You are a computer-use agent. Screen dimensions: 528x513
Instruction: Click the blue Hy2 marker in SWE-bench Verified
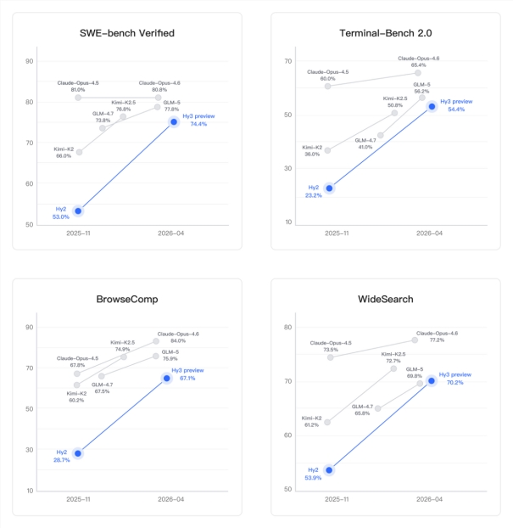78,211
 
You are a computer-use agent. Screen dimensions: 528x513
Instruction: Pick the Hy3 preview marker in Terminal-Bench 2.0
432,106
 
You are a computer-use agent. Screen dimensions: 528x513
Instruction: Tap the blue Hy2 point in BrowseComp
77,453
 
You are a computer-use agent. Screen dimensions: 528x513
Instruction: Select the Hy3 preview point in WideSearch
431,380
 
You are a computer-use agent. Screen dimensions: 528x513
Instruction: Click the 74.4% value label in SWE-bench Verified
198,125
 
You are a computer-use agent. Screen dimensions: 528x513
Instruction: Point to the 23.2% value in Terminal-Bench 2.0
313,194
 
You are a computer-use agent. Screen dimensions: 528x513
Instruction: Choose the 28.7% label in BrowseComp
61,459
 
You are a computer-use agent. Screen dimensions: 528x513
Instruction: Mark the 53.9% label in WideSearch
312,478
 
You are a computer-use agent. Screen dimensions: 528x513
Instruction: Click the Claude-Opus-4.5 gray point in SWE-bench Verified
78,98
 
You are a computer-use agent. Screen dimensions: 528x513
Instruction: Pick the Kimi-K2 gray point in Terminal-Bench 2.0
328,150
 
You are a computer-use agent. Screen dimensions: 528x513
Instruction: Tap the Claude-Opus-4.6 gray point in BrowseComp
156,341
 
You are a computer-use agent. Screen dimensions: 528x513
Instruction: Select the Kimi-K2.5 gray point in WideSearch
393,368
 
